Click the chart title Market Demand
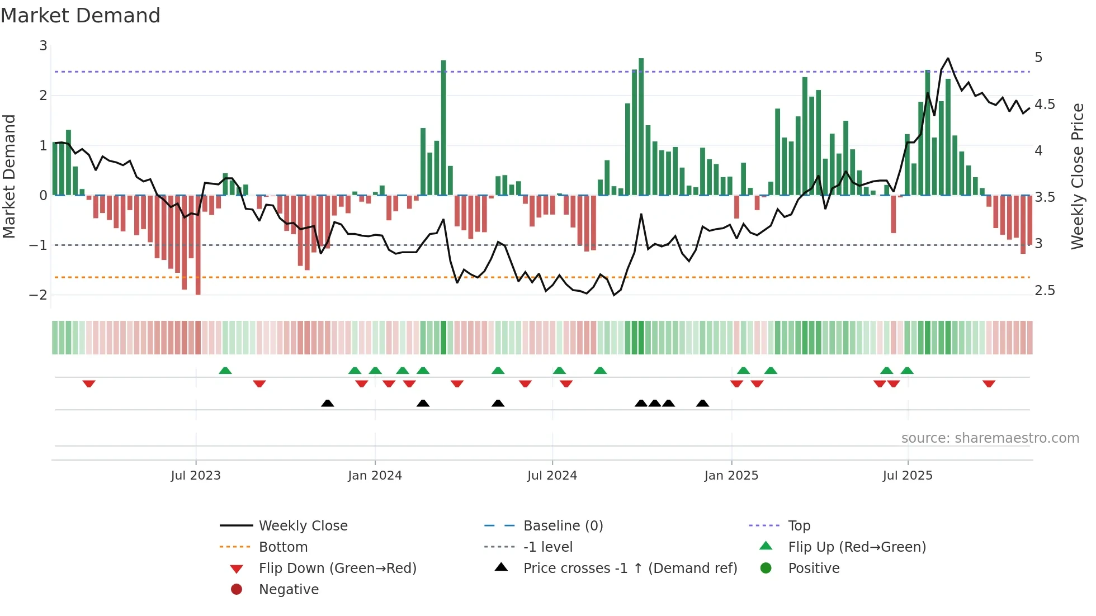81,16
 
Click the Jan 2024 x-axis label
375,476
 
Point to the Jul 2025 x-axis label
908,476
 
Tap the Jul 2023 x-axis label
196,476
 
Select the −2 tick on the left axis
38,295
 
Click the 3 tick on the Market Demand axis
43,46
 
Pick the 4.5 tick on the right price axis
1045,105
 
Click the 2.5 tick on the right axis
1045,291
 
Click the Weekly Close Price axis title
1078,176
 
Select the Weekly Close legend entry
303,526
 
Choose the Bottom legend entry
283,547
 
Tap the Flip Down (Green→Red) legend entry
337,568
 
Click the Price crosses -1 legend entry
630,568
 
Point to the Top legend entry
799,526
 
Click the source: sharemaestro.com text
990,438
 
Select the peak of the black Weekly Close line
948,59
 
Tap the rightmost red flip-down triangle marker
989,383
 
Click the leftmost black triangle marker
328,403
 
